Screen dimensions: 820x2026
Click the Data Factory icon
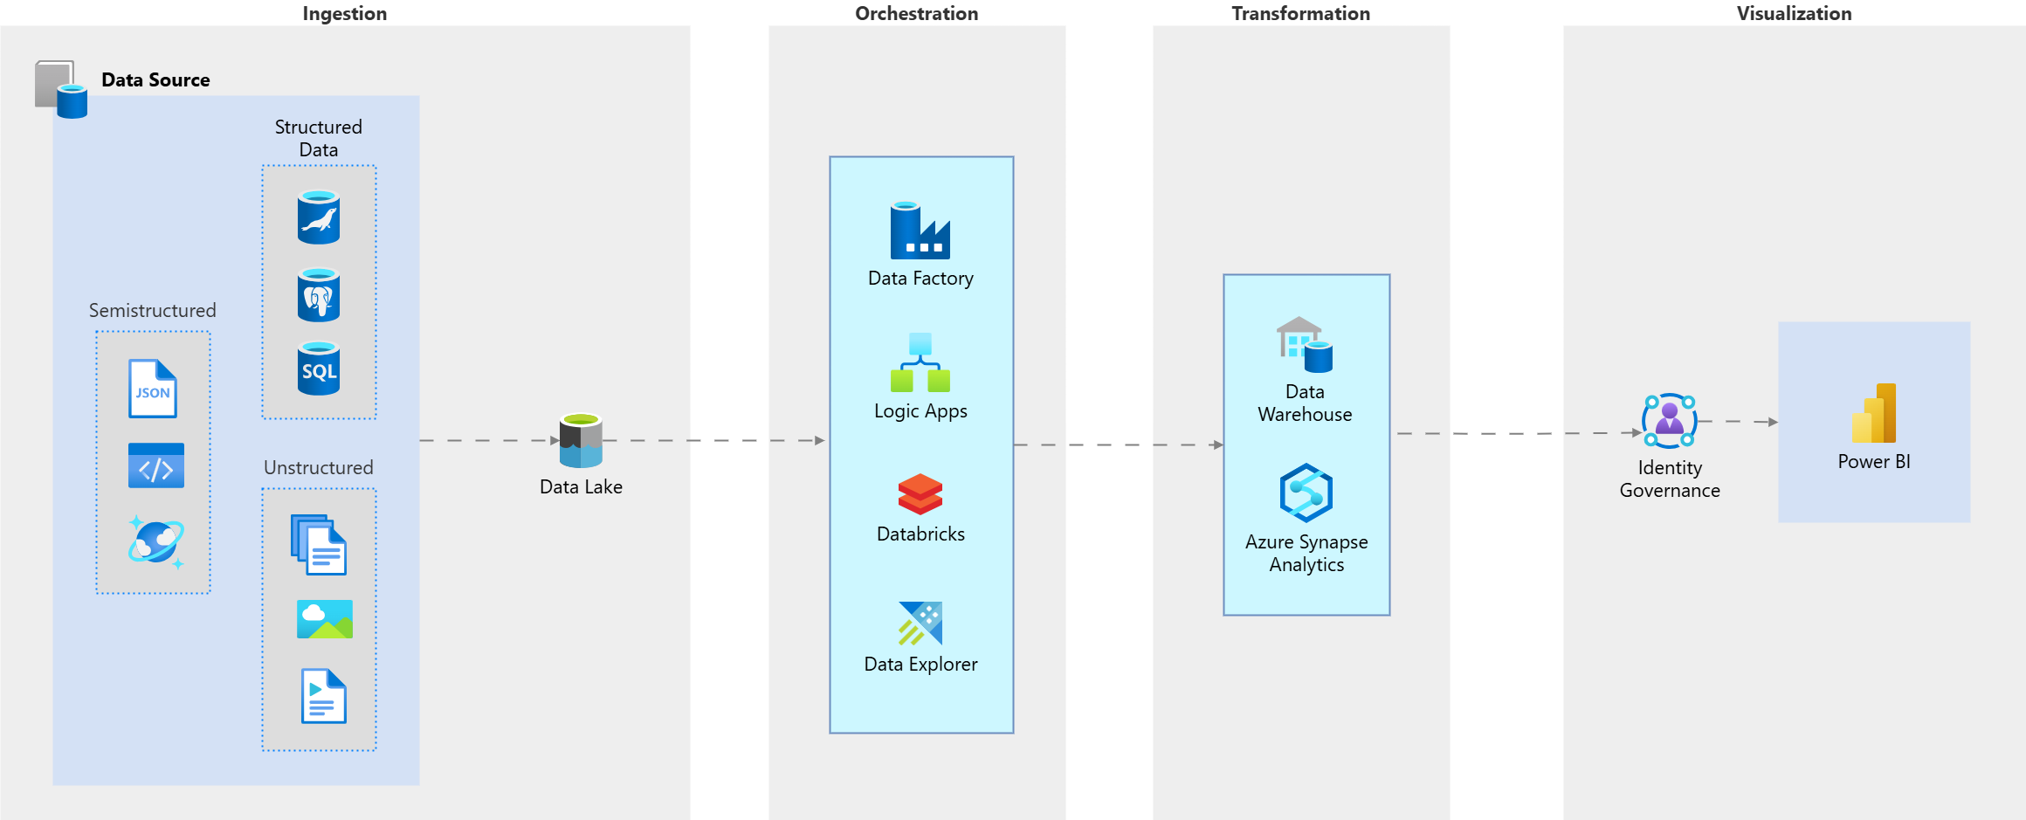920,231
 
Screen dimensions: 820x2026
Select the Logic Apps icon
920,362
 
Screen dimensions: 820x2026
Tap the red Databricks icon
920,494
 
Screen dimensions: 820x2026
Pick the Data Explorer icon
920,623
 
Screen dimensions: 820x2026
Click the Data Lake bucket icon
581,441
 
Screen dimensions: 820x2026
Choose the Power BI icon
1874,413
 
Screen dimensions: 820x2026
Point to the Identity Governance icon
1669,420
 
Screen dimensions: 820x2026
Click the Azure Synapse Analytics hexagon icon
1306,493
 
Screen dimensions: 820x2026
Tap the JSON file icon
153,389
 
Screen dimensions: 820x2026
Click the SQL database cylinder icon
319,369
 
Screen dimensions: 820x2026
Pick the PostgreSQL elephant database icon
319,295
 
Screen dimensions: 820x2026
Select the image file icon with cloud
324,619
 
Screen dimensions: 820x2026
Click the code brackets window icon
155,465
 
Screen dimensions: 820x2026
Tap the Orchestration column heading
916,13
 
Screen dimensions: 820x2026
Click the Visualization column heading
1794,13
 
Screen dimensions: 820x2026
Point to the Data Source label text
155,79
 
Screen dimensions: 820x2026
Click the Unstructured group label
318,467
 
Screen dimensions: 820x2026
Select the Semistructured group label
152,310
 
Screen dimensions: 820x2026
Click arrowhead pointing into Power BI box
1773,422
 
